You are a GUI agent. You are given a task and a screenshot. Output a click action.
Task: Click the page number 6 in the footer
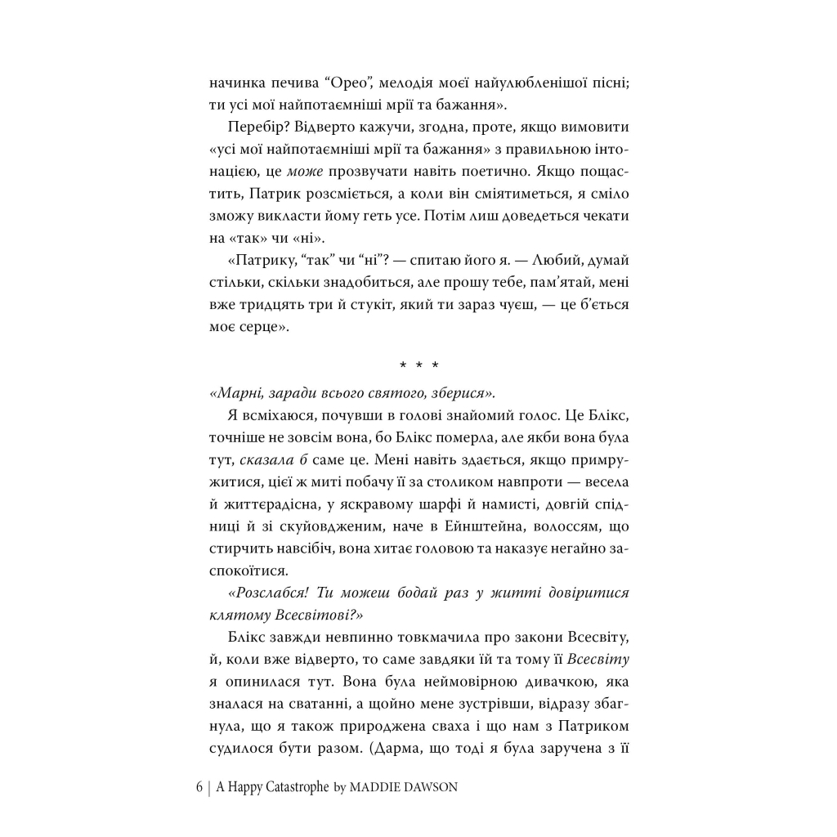199,789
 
